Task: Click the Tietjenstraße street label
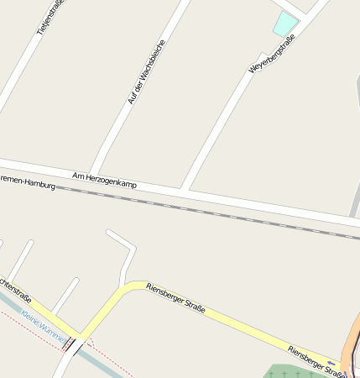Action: [x=50, y=17]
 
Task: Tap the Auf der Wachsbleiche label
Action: [x=146, y=72]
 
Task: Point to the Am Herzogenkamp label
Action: [x=104, y=179]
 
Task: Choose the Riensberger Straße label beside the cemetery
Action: [x=316, y=360]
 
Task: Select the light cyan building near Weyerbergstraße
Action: [x=285, y=24]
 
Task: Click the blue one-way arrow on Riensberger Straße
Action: [x=331, y=364]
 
